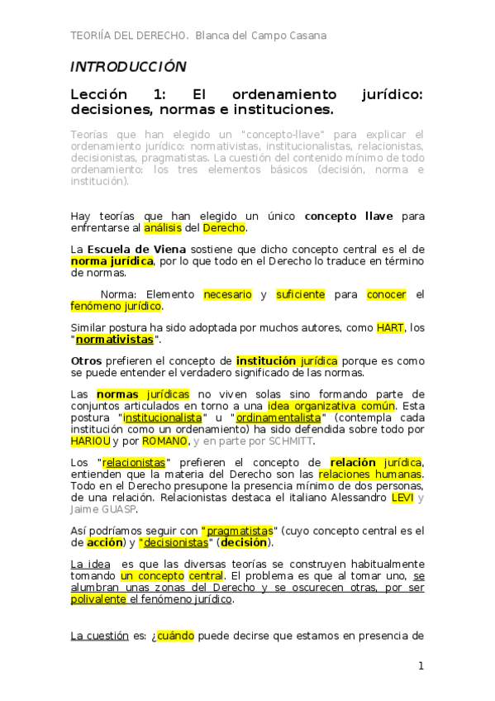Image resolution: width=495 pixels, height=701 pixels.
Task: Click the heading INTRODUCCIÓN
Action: (128, 67)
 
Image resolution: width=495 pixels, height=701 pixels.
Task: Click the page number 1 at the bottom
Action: (421, 665)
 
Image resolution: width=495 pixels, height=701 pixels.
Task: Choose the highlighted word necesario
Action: (227, 294)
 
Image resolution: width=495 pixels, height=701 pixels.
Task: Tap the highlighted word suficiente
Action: (300, 294)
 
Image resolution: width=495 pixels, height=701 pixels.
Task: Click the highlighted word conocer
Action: (386, 294)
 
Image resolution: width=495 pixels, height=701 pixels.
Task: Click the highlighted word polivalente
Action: (99, 599)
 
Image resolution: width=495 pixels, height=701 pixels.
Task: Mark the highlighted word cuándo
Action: (175, 636)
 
